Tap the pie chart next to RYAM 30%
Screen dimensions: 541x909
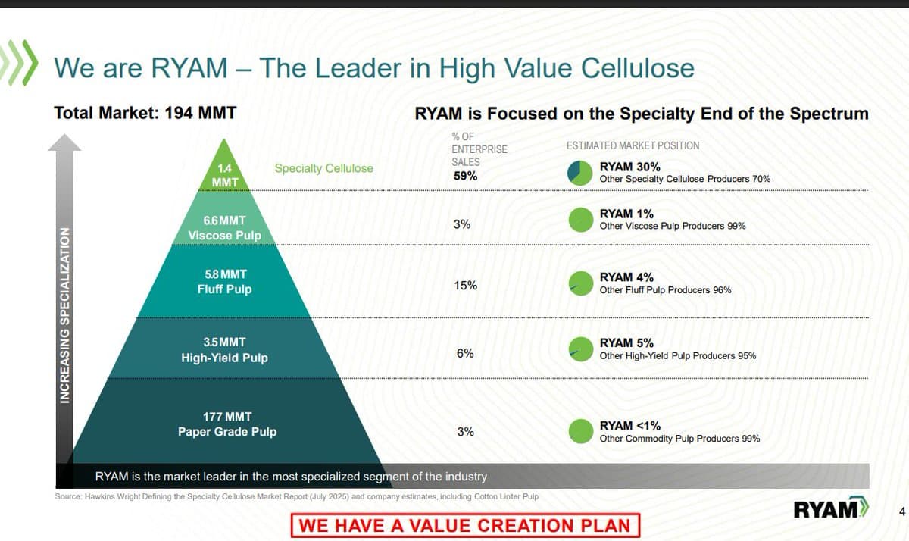coord(579,173)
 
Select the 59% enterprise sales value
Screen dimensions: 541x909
coord(465,176)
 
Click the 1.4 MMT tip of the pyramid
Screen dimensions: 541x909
coord(224,175)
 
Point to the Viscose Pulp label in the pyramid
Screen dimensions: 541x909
coord(224,235)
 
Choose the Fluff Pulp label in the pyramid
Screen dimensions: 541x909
coord(224,289)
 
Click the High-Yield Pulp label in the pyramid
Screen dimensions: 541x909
coord(224,358)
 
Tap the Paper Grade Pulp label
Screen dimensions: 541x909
coord(227,432)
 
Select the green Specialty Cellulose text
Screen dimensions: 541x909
coord(323,168)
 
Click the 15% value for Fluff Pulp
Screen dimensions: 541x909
coord(465,286)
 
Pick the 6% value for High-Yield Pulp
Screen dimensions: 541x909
coord(465,353)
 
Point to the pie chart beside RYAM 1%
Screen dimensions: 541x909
coord(579,220)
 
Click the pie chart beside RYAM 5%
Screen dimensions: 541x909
coord(579,349)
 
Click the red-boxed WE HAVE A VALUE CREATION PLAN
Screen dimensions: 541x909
coord(465,525)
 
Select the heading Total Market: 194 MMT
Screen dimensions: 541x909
coord(145,114)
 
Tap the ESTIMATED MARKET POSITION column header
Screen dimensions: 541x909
coord(633,145)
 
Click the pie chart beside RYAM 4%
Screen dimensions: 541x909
coord(579,283)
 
